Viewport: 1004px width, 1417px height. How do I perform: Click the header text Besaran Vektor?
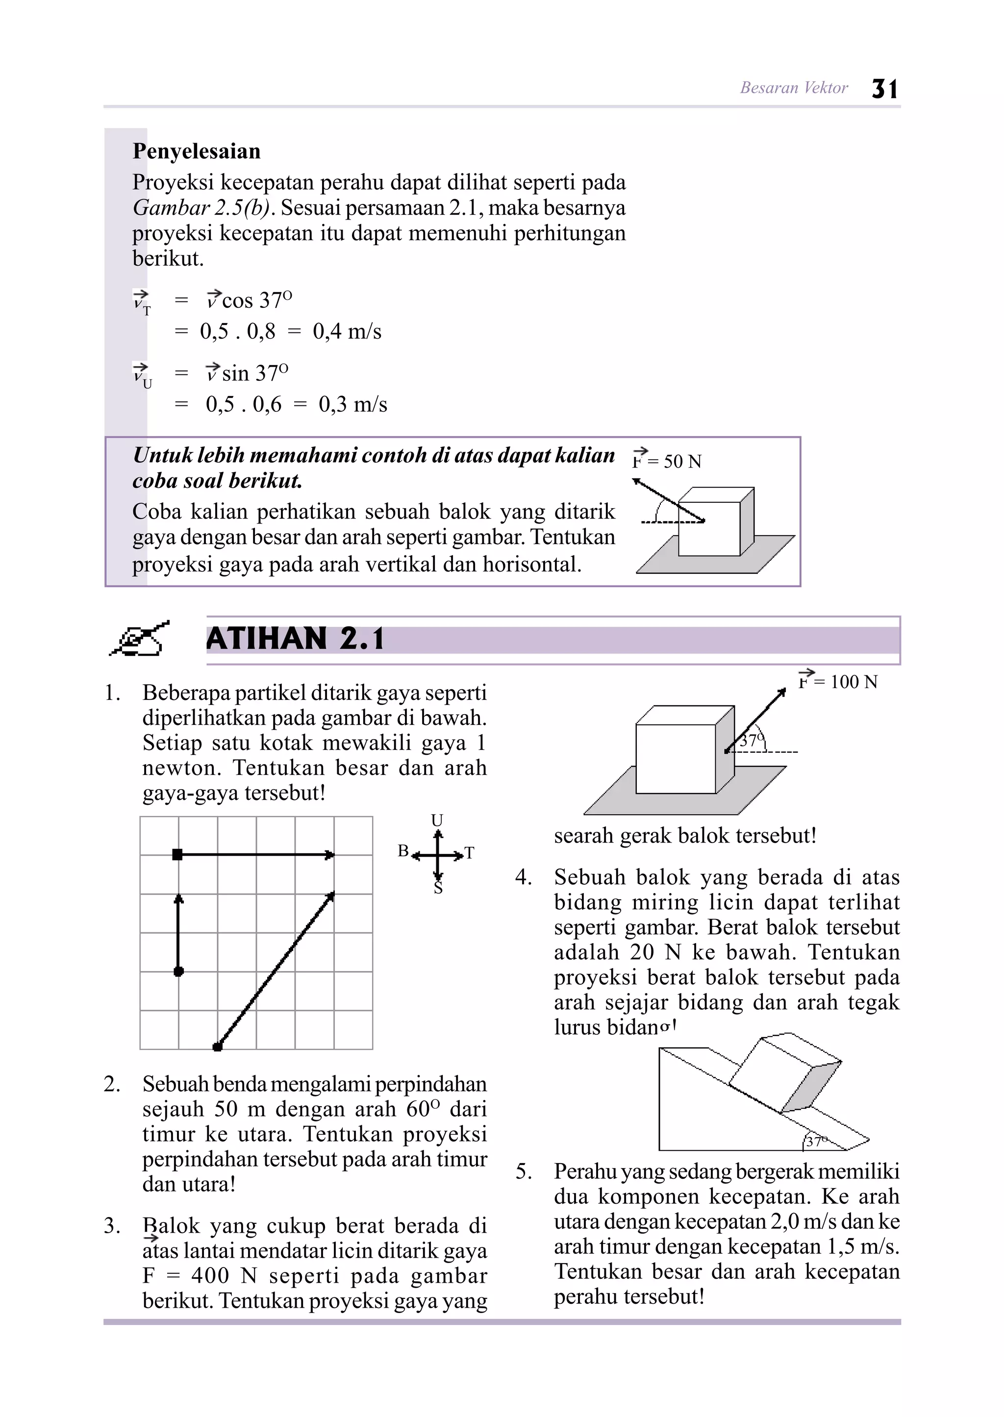794,88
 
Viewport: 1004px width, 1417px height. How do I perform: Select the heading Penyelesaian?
197,151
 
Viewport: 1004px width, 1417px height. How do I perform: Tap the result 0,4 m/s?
347,332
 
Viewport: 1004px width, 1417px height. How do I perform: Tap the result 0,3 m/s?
352,405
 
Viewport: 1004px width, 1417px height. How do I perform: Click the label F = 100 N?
838,682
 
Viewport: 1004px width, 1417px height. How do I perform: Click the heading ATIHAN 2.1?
295,639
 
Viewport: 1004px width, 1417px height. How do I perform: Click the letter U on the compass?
437,820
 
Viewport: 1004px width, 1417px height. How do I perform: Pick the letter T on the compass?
469,853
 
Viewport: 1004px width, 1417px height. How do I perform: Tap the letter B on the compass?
403,851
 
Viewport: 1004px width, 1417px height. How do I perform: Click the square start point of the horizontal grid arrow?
177,855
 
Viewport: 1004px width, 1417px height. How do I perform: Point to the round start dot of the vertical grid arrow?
178,972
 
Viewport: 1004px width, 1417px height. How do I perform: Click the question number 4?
523,877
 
